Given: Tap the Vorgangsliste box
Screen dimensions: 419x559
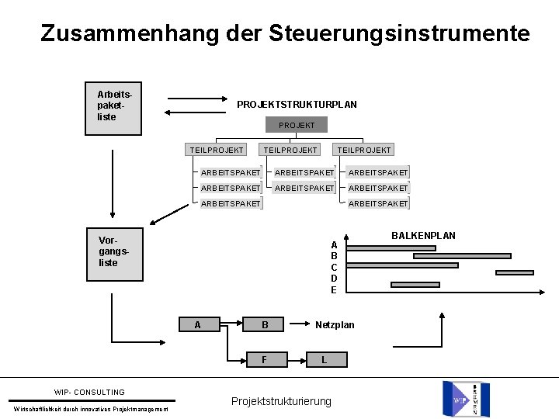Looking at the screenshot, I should click(114, 254).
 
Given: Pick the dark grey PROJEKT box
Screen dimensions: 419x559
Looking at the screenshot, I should click(297, 125).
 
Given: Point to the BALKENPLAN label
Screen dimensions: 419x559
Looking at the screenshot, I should click(423, 235).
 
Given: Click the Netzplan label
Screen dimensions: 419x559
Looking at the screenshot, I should click(335, 324).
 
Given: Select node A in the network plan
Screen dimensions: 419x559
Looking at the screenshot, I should click(197, 325).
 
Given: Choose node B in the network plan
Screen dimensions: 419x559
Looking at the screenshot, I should click(265, 325).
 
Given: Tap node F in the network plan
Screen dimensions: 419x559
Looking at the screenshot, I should click(265, 359).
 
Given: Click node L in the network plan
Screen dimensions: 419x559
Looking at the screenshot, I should click(324, 359).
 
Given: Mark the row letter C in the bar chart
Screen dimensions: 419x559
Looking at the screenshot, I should click(334, 267).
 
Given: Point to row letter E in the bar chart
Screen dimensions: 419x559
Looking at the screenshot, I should click(334, 289).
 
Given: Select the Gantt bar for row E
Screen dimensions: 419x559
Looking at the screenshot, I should click(415, 285).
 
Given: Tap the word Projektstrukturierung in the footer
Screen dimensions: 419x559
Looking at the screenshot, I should click(281, 401).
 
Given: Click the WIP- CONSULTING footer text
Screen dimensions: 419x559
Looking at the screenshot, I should click(89, 392).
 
